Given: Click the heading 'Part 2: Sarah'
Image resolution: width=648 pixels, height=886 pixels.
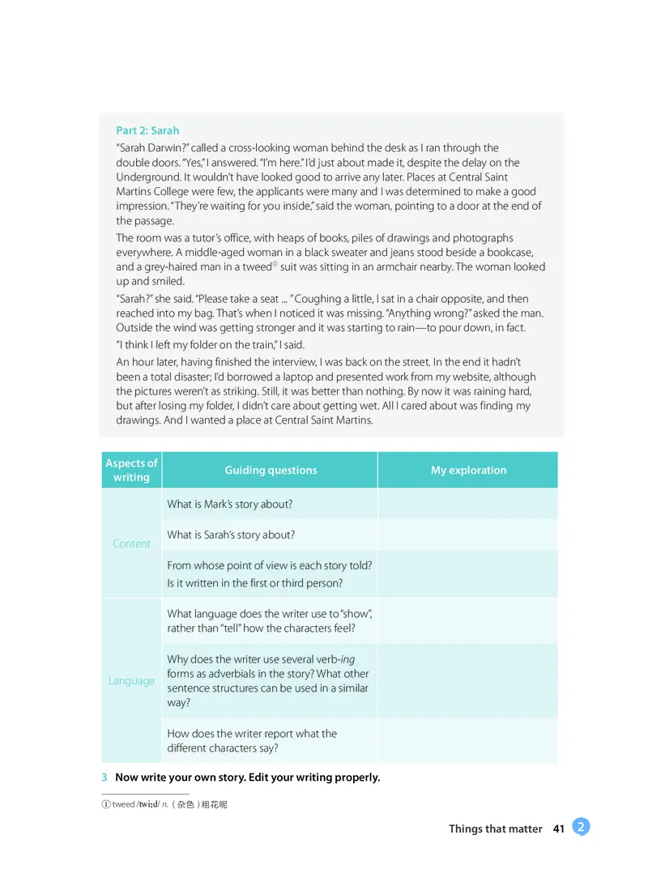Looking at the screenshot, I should coord(147,130).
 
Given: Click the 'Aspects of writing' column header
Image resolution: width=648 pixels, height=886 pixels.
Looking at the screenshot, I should coord(131,470).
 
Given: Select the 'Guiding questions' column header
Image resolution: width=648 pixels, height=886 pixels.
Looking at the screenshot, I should coord(271,470).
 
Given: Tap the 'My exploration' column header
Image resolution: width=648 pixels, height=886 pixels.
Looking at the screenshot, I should coord(468,470).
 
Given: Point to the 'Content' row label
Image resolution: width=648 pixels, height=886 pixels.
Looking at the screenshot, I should coord(131,543).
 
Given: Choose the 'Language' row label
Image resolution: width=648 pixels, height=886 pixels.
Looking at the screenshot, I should coord(131,680).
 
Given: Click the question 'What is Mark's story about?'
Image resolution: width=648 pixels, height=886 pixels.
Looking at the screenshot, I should coord(229,504).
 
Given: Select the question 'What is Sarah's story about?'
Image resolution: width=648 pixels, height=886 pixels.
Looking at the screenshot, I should coord(230,535).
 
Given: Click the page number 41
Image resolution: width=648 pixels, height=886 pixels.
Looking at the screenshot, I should coord(558,828).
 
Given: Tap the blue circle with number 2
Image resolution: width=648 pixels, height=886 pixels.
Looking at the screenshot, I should coord(581,826).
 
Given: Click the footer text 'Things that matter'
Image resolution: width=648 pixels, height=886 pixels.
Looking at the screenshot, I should coord(495,828).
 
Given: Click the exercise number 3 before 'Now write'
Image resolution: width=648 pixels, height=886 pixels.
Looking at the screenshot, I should coord(104,777).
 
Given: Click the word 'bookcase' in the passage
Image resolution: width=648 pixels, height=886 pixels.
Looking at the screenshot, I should coord(509,252).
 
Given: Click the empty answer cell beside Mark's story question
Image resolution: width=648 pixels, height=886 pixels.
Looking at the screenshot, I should coord(467,504).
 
